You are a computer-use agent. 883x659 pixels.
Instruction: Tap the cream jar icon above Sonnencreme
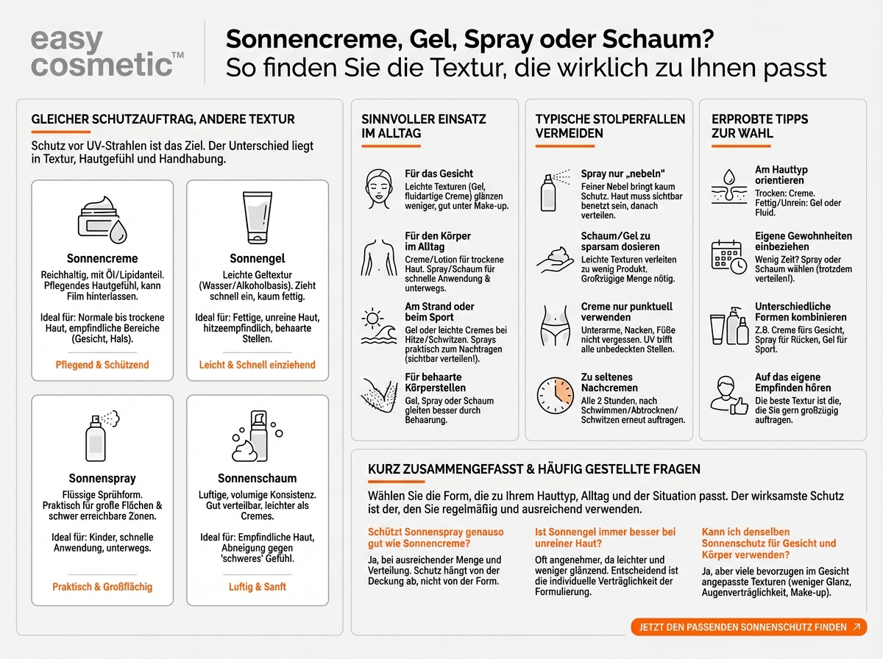pyautogui.click(x=102, y=219)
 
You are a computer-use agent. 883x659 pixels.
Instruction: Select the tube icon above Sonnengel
pyautogui.click(x=258, y=218)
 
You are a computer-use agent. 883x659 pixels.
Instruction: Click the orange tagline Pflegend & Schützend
pyautogui.click(x=102, y=365)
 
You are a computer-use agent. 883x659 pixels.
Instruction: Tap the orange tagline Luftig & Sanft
pyautogui.click(x=257, y=587)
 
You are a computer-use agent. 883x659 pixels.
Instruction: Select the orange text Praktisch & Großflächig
pyautogui.click(x=102, y=587)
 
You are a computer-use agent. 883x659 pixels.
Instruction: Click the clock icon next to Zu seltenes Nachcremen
pyautogui.click(x=554, y=395)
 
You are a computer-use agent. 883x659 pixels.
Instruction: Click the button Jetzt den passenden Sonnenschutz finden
pyautogui.click(x=748, y=627)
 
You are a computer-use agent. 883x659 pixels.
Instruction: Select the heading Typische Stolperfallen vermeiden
pyautogui.click(x=610, y=126)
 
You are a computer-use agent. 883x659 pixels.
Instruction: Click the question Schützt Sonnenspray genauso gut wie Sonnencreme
pyautogui.click(x=425, y=538)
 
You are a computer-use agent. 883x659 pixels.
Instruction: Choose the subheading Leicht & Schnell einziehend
pyautogui.click(x=257, y=365)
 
